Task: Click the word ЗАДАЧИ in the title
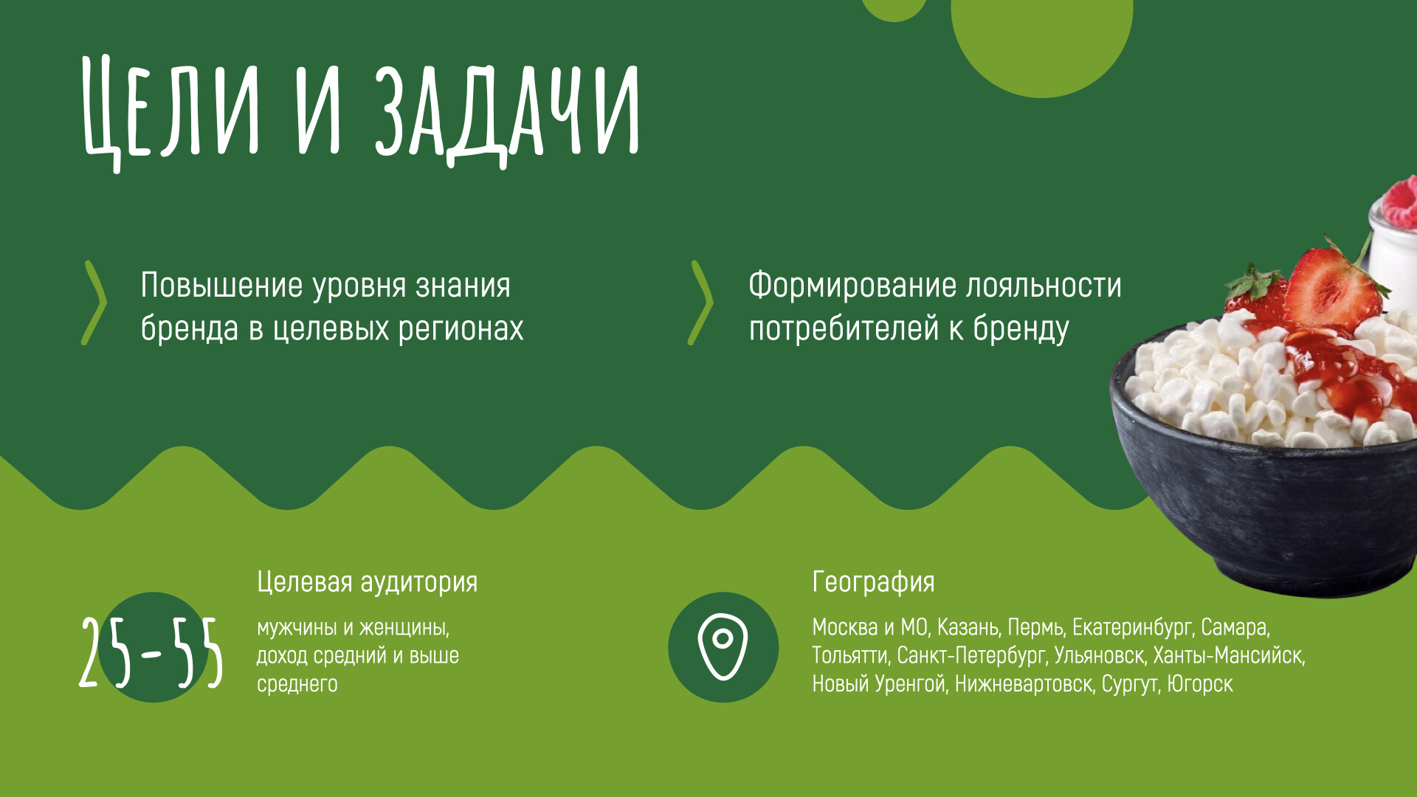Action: (x=507, y=111)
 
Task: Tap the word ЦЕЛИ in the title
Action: (x=171, y=111)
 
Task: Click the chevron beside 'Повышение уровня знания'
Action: (x=94, y=303)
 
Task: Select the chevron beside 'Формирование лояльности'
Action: (x=701, y=303)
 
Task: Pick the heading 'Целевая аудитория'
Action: (x=367, y=582)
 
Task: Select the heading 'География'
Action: (x=873, y=582)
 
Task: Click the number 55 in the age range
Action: (x=197, y=653)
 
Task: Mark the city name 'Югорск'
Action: (x=1200, y=685)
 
